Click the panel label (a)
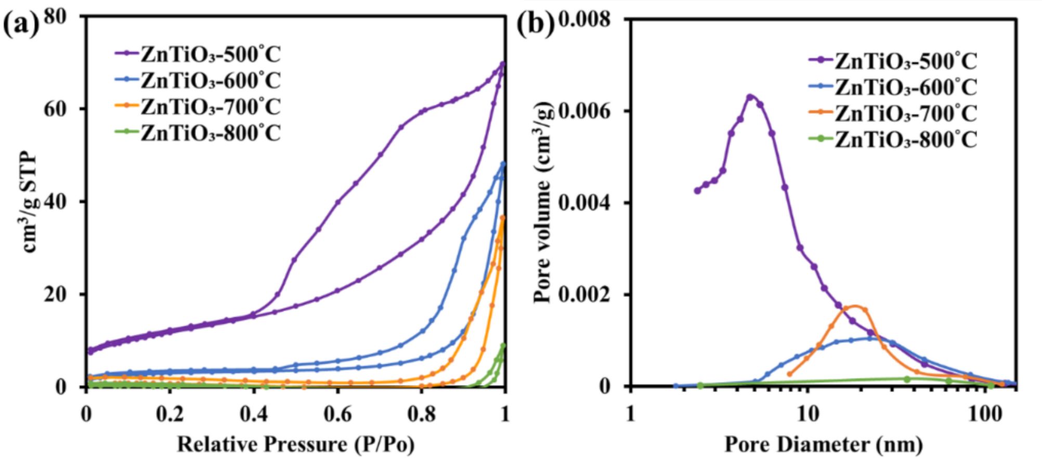[21, 24]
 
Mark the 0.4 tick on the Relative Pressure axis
[253, 414]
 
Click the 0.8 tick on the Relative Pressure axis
[421, 414]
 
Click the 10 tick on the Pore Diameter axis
[807, 414]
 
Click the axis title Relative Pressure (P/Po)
[295, 445]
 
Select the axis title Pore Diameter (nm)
[823, 445]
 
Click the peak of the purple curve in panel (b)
[750, 96]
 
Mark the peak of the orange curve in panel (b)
[854, 306]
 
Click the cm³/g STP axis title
[30, 203]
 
